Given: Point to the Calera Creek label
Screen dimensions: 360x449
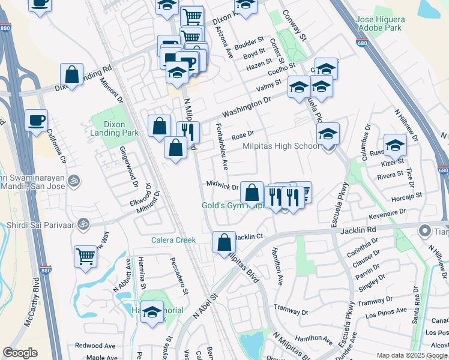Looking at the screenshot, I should [x=173, y=240].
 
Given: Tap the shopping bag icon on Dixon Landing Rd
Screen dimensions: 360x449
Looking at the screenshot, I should [x=71, y=75].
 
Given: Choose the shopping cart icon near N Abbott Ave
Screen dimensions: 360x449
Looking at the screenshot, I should [x=85, y=256].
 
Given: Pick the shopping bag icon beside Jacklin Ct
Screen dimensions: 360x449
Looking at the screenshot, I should [x=224, y=242].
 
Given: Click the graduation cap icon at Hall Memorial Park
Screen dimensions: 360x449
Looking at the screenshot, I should [x=152, y=312].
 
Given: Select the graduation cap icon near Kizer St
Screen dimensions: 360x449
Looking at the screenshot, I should [x=395, y=145].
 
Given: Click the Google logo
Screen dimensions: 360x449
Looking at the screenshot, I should [x=20, y=353].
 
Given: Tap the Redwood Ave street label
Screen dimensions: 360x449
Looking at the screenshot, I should [x=95, y=346].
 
